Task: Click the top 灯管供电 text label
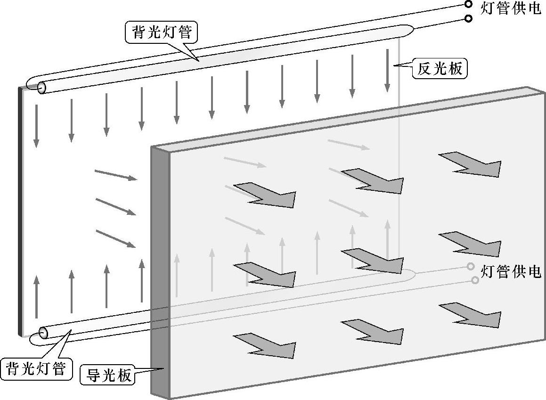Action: [x=511, y=8]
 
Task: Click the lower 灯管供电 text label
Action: [x=511, y=272]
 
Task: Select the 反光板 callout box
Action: [x=440, y=69]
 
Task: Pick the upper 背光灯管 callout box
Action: [x=161, y=33]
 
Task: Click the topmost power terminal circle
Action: [x=468, y=4]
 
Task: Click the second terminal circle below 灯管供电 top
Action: [x=468, y=19]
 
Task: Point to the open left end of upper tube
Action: [x=41, y=88]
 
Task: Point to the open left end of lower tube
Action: [x=43, y=333]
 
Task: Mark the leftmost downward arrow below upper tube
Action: [x=36, y=124]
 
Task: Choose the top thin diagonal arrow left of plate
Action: [x=116, y=175]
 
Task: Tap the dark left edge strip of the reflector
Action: [x=20, y=212]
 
